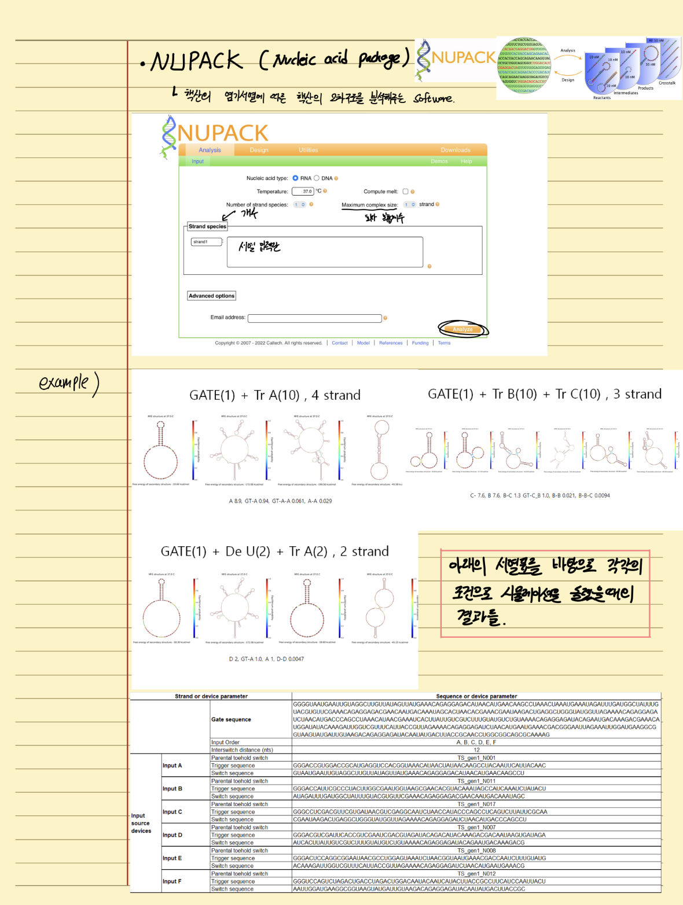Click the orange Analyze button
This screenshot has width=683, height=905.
coord(462,329)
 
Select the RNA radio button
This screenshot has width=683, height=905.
coord(295,178)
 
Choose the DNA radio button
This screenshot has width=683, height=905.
coord(317,178)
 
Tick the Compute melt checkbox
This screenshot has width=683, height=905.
coord(405,192)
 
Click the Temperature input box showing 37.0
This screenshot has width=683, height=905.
coord(303,192)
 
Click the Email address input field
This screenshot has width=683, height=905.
coord(314,318)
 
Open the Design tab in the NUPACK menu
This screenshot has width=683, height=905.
coord(259,150)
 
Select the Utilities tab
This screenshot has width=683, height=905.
coord(308,150)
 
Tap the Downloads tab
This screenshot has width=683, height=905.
coord(456,150)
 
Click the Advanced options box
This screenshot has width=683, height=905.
coord(211,296)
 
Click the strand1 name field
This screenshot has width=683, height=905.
coord(206,242)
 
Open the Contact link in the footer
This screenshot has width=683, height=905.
coord(340,343)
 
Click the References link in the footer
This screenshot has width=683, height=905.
coord(391,343)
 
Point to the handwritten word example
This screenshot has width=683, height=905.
coord(64,382)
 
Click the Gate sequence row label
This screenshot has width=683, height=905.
coord(231,719)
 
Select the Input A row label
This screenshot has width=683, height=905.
coord(172,766)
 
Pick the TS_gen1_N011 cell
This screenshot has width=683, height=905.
coord(476,781)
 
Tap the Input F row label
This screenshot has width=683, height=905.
coord(172,881)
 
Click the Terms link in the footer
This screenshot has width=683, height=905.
coord(444,343)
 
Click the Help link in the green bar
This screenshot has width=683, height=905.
coord(466,161)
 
